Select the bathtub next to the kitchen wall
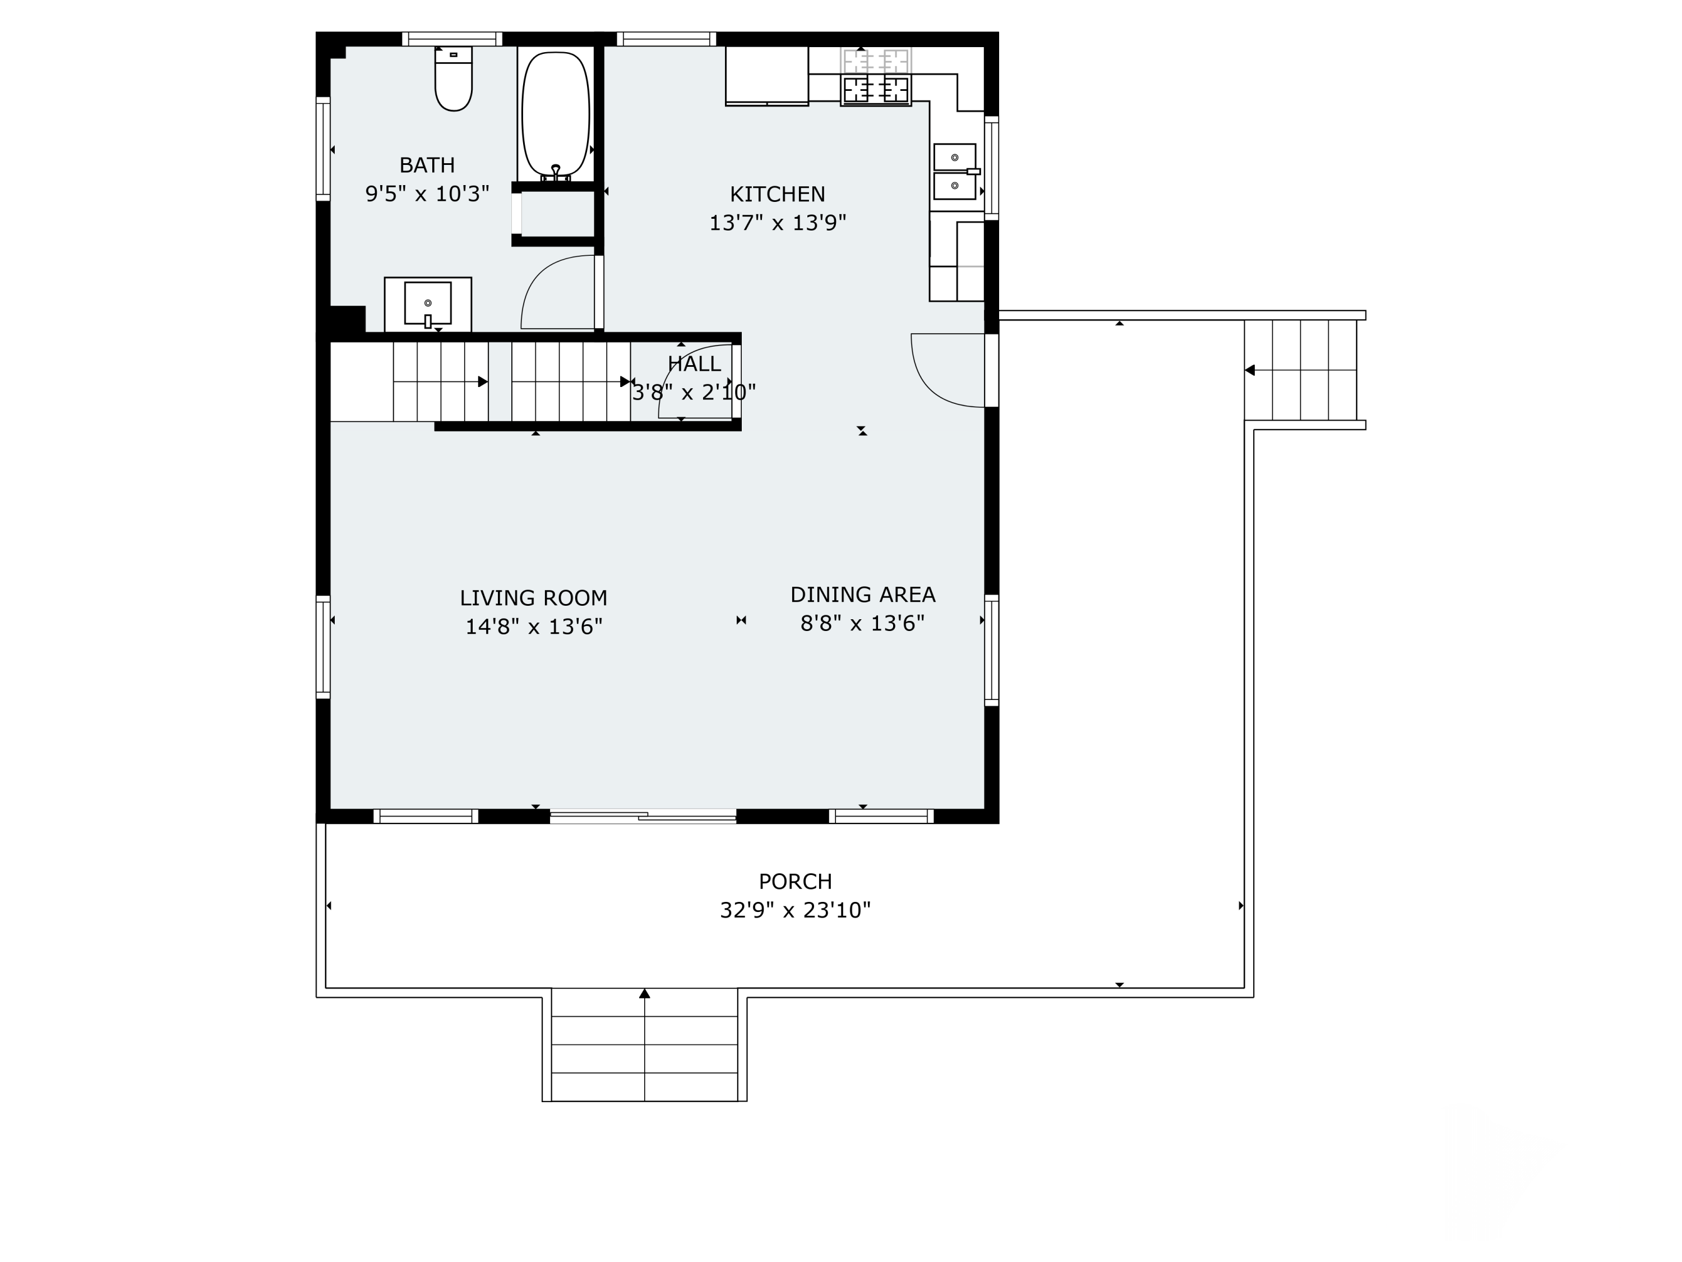coord(556,114)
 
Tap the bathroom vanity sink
coord(427,303)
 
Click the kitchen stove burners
coord(876,90)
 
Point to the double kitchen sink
coord(955,171)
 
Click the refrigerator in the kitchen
coord(766,75)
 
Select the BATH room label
coord(427,165)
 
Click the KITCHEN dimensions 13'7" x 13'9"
coord(777,223)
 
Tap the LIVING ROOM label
coord(533,598)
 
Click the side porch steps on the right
coord(1300,370)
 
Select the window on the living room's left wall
coord(323,647)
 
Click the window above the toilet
coord(452,39)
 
